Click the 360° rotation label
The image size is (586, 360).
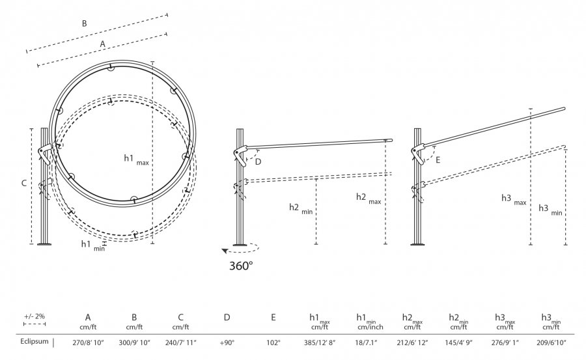(241, 266)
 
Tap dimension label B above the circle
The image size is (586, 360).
(85, 23)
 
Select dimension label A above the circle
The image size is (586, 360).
(102, 44)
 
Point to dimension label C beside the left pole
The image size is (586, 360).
(24, 183)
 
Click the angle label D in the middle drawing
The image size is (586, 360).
(258, 161)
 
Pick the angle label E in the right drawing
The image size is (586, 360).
(438, 159)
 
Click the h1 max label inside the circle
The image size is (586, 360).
(137, 159)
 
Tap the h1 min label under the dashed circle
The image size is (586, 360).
(93, 245)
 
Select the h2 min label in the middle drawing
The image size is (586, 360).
(301, 208)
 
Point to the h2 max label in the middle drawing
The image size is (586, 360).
(369, 198)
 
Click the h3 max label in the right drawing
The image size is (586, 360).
(514, 199)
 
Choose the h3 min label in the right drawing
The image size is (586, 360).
(550, 210)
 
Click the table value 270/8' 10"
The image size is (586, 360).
(87, 342)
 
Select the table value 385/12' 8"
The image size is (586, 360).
(320, 342)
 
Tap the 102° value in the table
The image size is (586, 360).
(273, 342)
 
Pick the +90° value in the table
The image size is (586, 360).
(227, 342)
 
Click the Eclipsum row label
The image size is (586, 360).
(35, 341)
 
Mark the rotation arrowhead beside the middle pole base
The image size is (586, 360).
(225, 251)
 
